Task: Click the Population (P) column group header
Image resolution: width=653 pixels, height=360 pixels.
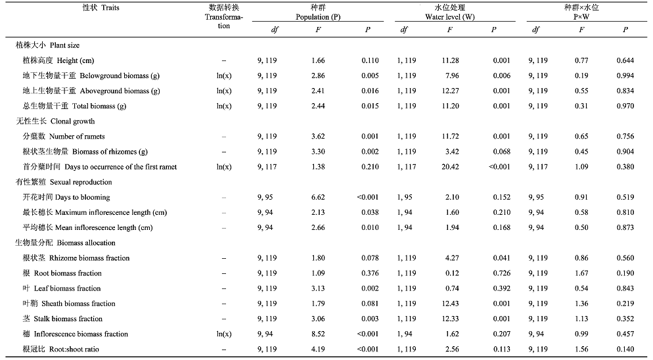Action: pos(318,12)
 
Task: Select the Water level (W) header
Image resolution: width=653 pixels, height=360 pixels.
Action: pos(450,12)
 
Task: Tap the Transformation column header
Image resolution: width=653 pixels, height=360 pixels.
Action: pos(223,16)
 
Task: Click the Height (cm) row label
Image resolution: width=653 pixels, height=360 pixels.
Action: pos(58,60)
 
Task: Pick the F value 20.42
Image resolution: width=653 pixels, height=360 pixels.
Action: pos(450,167)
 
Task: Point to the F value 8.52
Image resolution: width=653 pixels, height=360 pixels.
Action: pos(318,334)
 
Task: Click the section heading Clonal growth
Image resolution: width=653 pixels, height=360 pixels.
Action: pos(55,122)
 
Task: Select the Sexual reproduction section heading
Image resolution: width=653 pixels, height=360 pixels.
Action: pos(64,182)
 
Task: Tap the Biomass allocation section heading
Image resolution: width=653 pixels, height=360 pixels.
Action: pos(66,243)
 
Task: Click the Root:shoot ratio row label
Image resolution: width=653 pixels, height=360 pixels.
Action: pos(61,349)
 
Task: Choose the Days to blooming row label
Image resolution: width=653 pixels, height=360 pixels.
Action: pos(66,197)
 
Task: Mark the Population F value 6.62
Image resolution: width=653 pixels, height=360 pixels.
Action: pos(318,197)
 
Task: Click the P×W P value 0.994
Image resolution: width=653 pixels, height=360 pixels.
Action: pos(625,76)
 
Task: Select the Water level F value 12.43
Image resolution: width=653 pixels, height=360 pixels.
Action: pos(450,304)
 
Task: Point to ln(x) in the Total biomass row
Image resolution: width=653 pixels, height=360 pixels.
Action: pos(223,106)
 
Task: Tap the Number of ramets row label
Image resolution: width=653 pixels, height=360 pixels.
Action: pos(64,136)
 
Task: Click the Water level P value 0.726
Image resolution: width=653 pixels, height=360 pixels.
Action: pos(501,273)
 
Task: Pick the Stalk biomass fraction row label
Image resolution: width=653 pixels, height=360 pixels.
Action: pos(62,319)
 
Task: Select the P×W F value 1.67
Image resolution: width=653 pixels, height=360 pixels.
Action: pos(581,273)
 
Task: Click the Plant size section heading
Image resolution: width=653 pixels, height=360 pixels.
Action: pos(47,45)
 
